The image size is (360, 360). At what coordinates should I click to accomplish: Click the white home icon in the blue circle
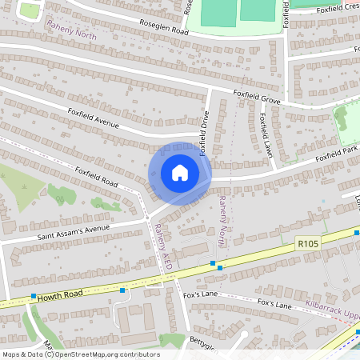[x=180, y=173]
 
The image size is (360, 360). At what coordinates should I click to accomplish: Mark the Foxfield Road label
[x=96, y=177]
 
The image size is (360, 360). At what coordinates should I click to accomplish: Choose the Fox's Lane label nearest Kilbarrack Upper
[x=274, y=304]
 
